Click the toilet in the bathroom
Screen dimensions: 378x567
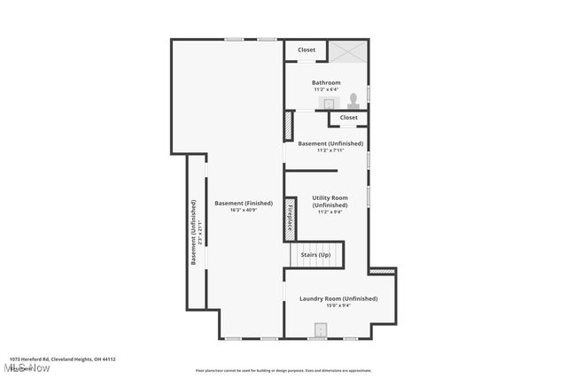(x=353, y=100)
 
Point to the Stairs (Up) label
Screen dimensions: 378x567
(x=315, y=255)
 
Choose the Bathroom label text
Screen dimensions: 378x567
(x=326, y=82)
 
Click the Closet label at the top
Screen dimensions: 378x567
(x=307, y=50)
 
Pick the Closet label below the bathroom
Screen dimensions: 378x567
(x=349, y=117)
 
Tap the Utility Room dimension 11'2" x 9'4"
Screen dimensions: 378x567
(x=330, y=212)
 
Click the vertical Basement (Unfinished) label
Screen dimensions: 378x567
(x=194, y=232)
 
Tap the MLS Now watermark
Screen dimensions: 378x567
(x=27, y=367)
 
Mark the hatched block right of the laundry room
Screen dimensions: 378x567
(x=383, y=271)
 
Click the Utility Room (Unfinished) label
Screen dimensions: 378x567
(x=330, y=201)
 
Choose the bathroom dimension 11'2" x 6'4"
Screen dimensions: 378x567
(x=326, y=89)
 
